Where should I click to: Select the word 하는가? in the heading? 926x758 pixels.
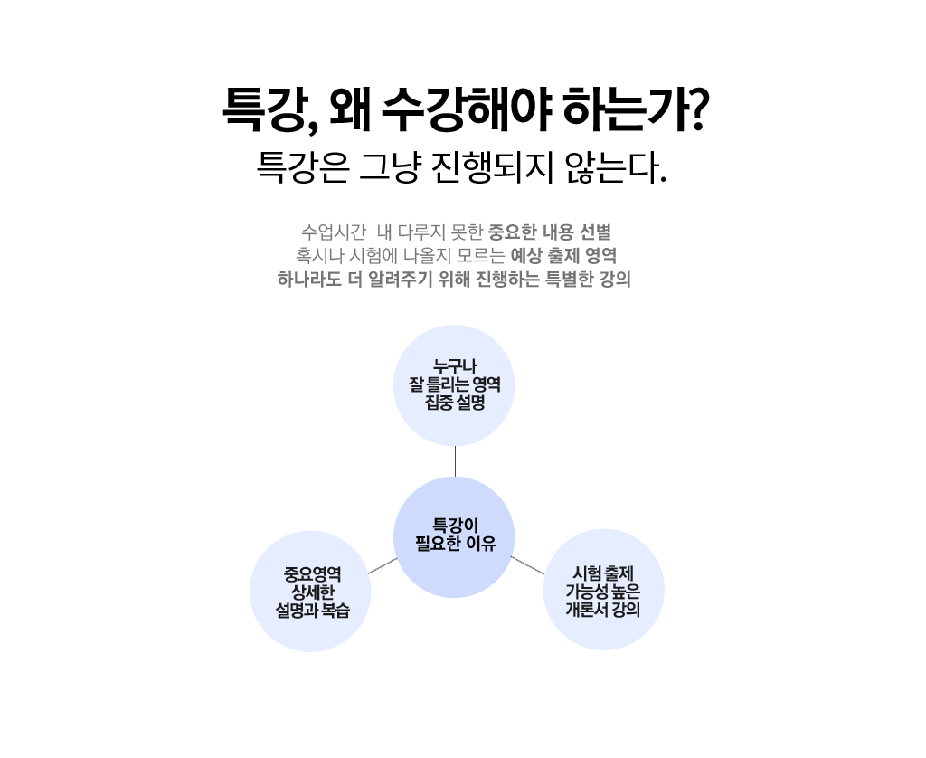(x=633, y=111)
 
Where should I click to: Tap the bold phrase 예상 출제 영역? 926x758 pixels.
(x=563, y=254)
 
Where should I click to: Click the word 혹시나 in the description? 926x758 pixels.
(x=316, y=254)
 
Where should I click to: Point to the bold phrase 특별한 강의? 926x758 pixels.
(x=587, y=279)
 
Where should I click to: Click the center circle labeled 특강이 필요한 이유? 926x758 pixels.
(x=454, y=537)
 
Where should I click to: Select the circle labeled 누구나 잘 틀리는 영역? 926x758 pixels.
(x=454, y=385)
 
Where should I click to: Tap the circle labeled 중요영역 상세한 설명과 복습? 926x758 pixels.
(x=310, y=592)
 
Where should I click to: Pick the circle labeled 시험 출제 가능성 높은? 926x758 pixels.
(x=603, y=590)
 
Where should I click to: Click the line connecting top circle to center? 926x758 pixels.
(x=455, y=461)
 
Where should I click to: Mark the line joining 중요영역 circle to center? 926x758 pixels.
(x=383, y=566)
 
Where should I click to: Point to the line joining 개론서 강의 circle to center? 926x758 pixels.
(x=528, y=566)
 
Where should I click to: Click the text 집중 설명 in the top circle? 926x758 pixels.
(x=455, y=403)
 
